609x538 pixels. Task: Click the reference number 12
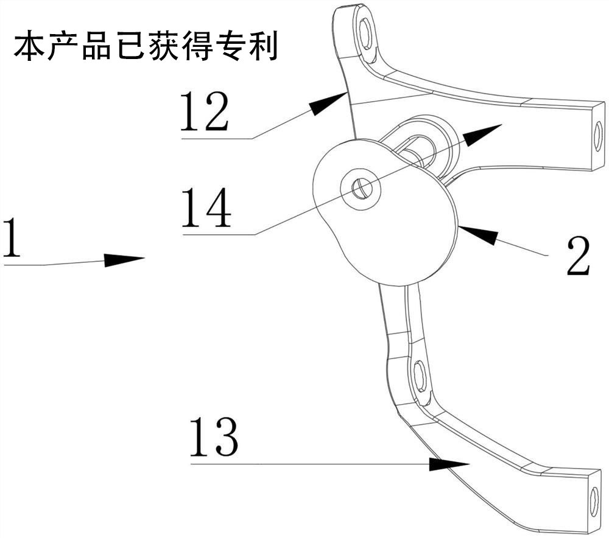pyautogui.click(x=205, y=111)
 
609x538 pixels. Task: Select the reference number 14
pyautogui.click(x=206, y=207)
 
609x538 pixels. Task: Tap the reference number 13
pyautogui.click(x=214, y=437)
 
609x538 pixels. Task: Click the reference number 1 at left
pyautogui.click(x=12, y=237)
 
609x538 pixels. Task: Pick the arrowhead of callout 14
pyautogui.click(x=482, y=134)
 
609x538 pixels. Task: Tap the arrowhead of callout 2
pyautogui.click(x=477, y=234)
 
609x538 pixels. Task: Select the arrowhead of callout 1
pyautogui.click(x=124, y=260)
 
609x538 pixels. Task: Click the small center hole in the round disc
pyautogui.click(x=362, y=189)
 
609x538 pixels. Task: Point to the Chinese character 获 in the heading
pyautogui.click(x=163, y=47)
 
